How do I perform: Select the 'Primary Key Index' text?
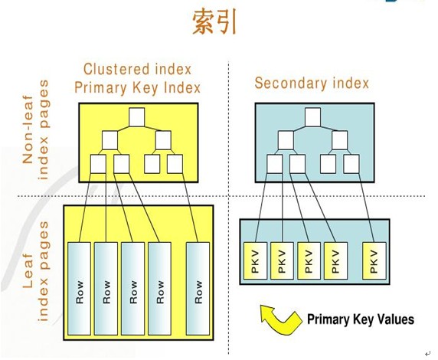click(138, 87)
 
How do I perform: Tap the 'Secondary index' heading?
click(312, 83)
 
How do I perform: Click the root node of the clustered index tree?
click(137, 117)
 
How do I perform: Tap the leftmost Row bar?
click(80, 292)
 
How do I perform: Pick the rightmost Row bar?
click(198, 292)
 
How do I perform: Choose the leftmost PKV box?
click(253, 263)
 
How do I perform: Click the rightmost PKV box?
click(373, 263)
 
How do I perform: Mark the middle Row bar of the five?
click(132, 292)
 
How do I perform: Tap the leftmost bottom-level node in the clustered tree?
click(97, 163)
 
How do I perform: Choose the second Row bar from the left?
click(106, 292)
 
